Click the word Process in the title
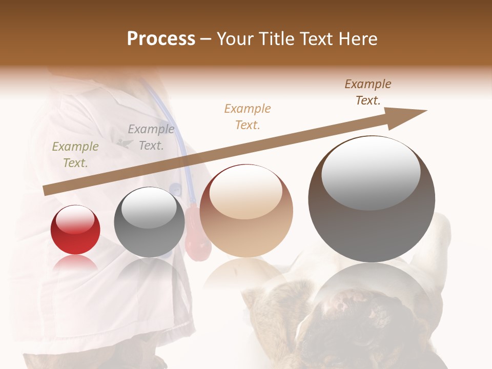[x=161, y=39]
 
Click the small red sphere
[x=75, y=230]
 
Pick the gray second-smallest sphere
[x=149, y=222]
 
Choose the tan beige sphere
[x=246, y=211]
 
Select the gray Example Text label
[x=151, y=137]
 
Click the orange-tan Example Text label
[x=248, y=116]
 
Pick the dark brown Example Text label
[x=368, y=92]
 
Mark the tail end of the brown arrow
[x=45, y=191]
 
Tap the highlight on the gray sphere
[x=149, y=208]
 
